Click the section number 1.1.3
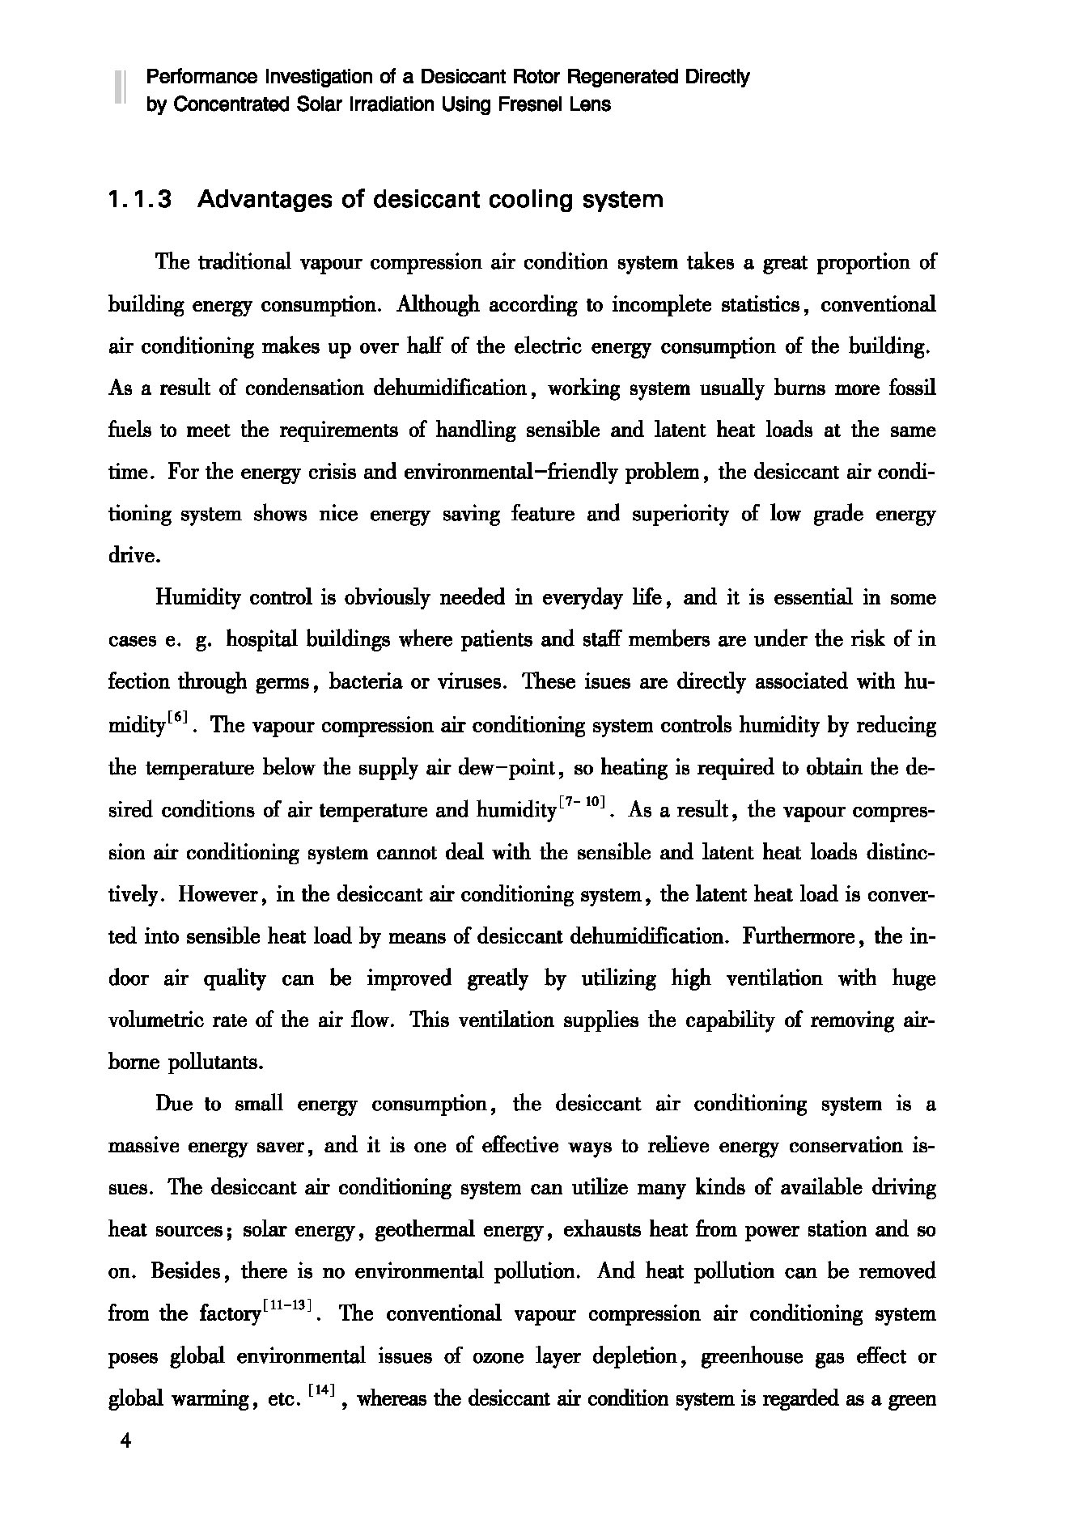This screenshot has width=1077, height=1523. tap(140, 199)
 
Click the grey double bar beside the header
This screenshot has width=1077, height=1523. tap(119, 87)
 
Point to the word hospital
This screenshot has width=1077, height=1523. tap(260, 640)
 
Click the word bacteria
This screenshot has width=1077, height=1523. tap(363, 682)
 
